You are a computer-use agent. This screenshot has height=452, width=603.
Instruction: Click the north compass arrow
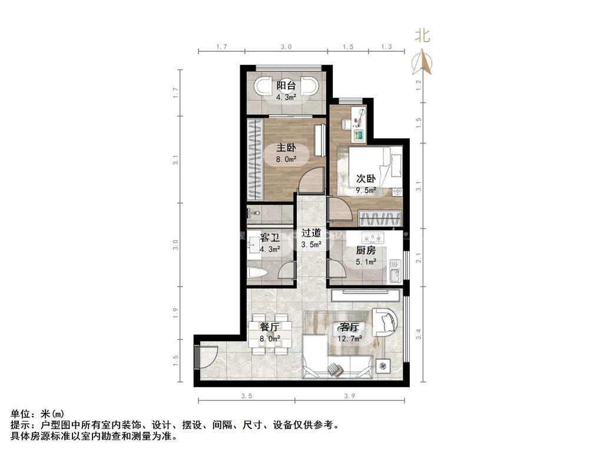click(x=423, y=62)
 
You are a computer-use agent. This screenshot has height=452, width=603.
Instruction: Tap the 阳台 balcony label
click(x=286, y=85)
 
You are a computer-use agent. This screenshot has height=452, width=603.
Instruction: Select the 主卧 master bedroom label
click(x=286, y=148)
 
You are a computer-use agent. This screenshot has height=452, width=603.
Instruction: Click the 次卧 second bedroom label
click(x=366, y=179)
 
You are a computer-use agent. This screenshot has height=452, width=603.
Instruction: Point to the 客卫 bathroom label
click(x=270, y=238)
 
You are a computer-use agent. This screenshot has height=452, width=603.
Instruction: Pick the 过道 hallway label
click(x=311, y=233)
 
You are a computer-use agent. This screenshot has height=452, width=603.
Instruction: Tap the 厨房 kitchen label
click(x=366, y=250)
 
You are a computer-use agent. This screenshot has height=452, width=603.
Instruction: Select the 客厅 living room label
click(x=349, y=327)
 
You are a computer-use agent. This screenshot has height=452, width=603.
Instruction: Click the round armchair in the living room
click(x=386, y=321)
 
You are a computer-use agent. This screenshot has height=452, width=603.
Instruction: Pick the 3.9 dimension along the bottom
click(x=349, y=396)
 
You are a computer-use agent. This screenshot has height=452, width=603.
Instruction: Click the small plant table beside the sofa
click(x=383, y=365)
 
